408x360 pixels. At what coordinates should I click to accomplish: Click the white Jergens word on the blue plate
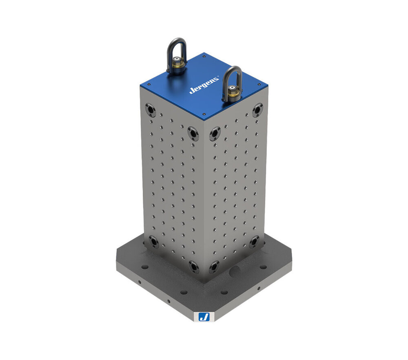pos(204,85)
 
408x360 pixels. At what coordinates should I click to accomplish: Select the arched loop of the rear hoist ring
pos(177,48)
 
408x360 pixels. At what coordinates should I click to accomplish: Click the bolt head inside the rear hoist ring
pos(177,64)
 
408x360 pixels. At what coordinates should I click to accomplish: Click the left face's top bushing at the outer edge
pos(150,109)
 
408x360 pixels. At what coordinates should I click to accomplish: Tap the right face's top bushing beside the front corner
pos(215,133)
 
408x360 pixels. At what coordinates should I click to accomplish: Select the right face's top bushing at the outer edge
pos(257,109)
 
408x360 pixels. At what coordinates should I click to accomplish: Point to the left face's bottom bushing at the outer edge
pos(153,241)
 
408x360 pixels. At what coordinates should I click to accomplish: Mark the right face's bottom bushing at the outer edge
pos(255,241)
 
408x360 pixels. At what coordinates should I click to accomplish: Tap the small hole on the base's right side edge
pos(258,289)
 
